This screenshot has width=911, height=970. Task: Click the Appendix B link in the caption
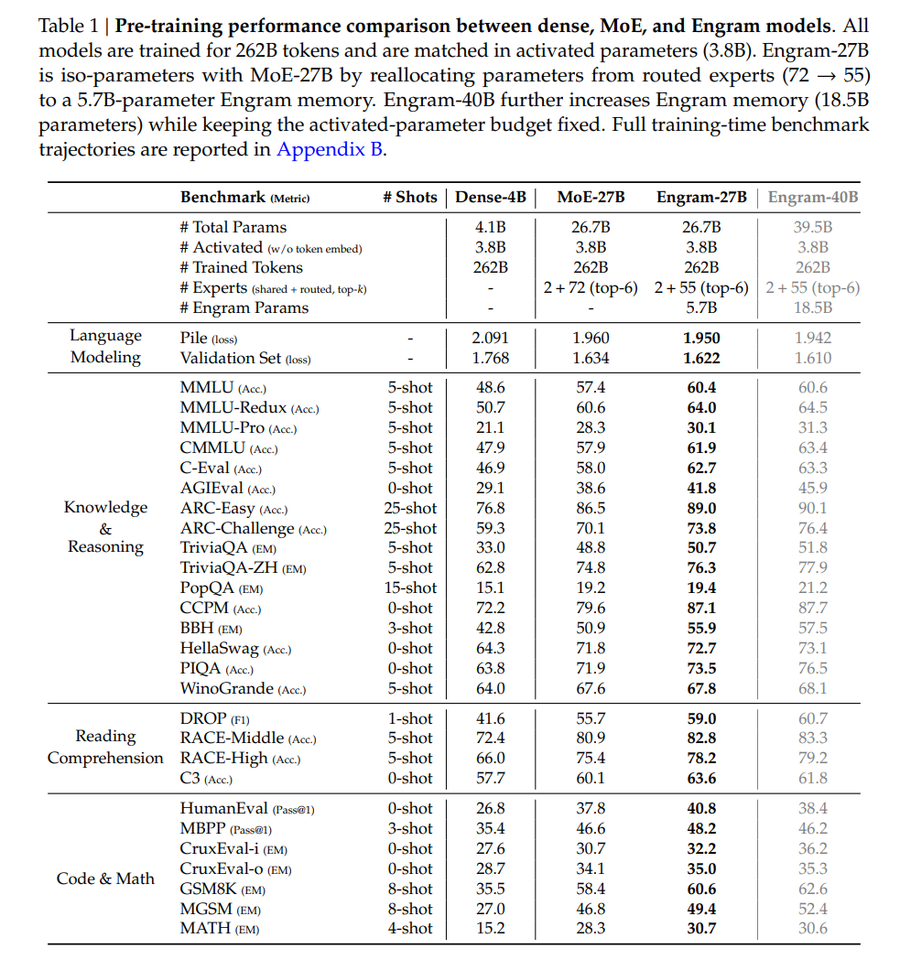click(x=330, y=149)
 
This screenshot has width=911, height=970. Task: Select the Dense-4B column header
click(x=493, y=197)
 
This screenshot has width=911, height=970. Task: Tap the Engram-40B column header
click(x=812, y=197)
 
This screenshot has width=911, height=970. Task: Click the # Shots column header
click(x=409, y=197)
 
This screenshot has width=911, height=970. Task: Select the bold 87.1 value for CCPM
click(x=701, y=608)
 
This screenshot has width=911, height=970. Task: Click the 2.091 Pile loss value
click(x=490, y=338)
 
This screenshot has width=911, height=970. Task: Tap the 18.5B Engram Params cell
click(x=812, y=307)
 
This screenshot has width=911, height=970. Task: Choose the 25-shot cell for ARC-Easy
click(x=409, y=508)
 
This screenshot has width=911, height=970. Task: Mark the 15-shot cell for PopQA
click(x=409, y=587)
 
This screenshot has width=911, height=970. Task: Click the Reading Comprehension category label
click(x=105, y=747)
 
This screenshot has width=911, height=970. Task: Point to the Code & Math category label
click(x=105, y=878)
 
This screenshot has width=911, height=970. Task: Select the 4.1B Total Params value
click(x=490, y=227)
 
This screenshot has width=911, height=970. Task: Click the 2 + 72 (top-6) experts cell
click(x=591, y=287)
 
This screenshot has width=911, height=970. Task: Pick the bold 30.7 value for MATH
click(x=701, y=929)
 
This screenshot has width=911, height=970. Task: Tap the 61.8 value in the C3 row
click(x=812, y=778)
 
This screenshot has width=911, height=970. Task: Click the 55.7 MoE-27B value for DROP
click(x=591, y=718)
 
